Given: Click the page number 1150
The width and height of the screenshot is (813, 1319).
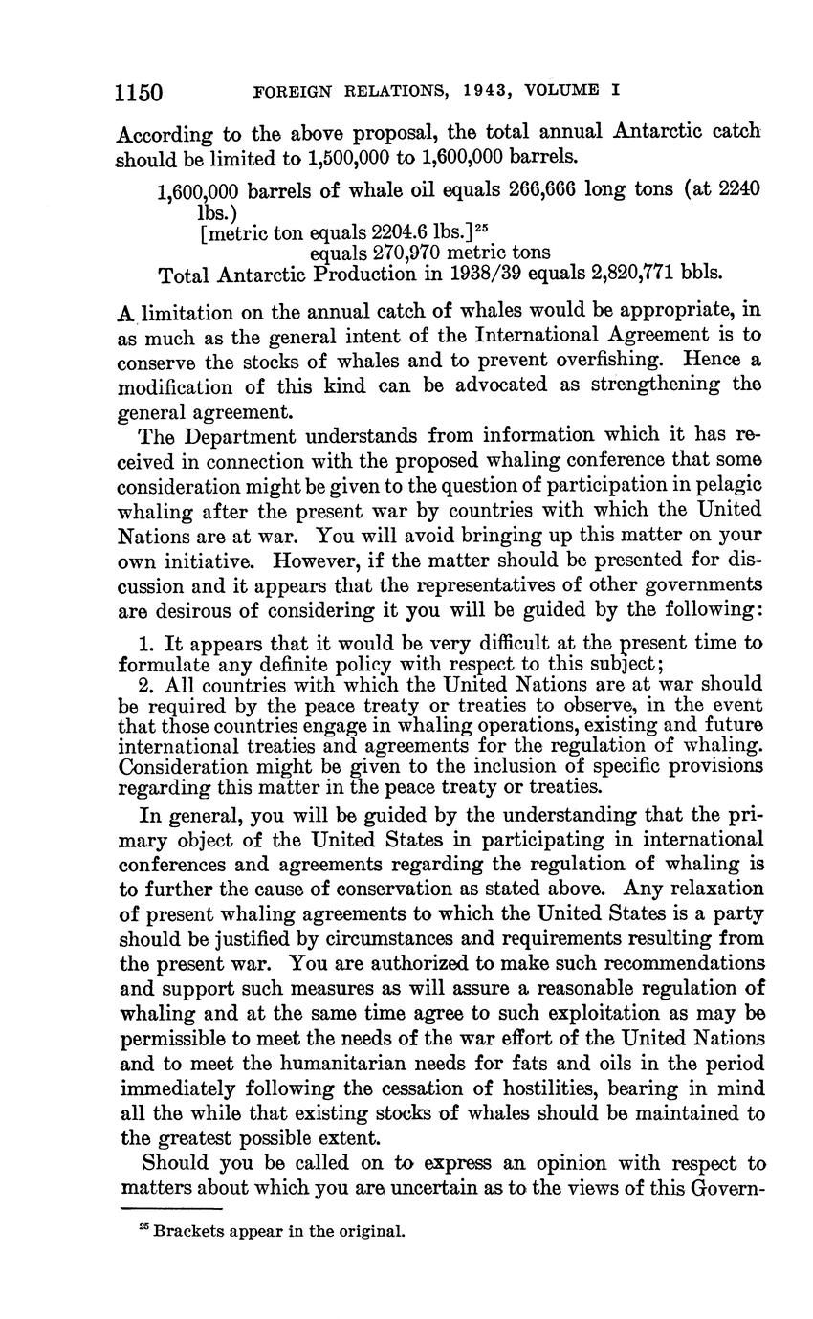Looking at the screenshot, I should (140, 92).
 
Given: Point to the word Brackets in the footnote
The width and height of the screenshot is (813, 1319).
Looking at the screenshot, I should (187, 1232).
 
